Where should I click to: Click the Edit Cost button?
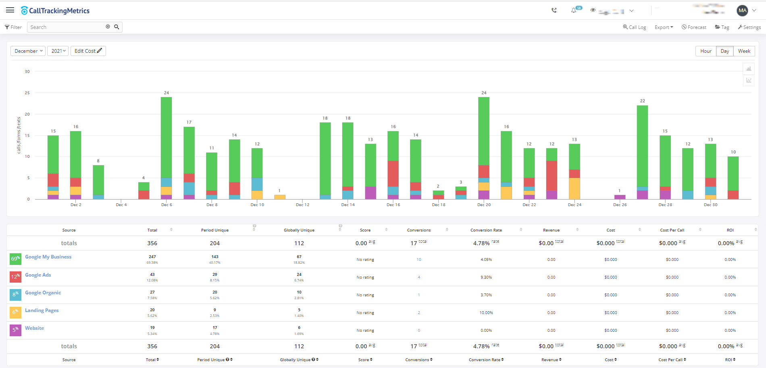click(88, 51)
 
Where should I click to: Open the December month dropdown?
click(28, 51)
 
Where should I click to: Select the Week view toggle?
click(744, 51)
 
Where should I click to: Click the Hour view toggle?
click(706, 51)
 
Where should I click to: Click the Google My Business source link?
click(48, 257)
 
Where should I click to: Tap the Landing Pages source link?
click(42, 310)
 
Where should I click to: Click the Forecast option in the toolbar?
click(694, 27)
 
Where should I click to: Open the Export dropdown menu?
click(664, 27)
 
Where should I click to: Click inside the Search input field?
click(67, 27)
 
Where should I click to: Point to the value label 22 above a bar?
click(642, 101)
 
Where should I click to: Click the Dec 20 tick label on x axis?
click(484, 205)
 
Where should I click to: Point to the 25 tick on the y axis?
click(27, 93)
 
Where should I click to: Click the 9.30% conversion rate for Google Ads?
click(486, 277)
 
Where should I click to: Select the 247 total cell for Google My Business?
click(152, 257)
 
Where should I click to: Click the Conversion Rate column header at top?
click(486, 230)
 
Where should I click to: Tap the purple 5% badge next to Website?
click(15, 330)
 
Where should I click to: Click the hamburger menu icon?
click(10, 10)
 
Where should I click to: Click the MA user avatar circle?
click(742, 10)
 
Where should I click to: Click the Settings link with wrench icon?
click(749, 27)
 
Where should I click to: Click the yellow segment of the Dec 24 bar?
click(574, 188)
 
